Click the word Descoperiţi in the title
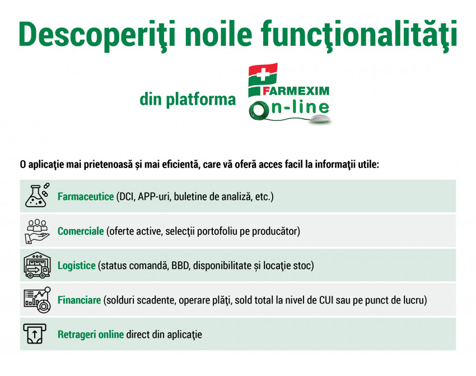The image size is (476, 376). (97, 35)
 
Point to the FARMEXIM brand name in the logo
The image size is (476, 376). (296, 91)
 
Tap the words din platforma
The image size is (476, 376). (188, 99)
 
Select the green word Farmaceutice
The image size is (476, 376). (86, 197)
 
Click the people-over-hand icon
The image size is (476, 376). (37, 231)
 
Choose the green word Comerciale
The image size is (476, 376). (81, 231)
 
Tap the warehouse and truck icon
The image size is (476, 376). (37, 265)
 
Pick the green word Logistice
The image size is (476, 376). (77, 266)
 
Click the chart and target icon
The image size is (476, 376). (37, 300)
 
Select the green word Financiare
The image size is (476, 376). (79, 300)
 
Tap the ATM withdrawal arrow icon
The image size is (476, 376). (35, 334)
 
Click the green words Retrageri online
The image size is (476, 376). (91, 335)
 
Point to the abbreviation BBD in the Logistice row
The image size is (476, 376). (180, 266)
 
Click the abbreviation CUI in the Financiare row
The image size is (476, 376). (326, 300)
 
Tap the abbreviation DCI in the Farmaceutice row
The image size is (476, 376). (127, 197)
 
